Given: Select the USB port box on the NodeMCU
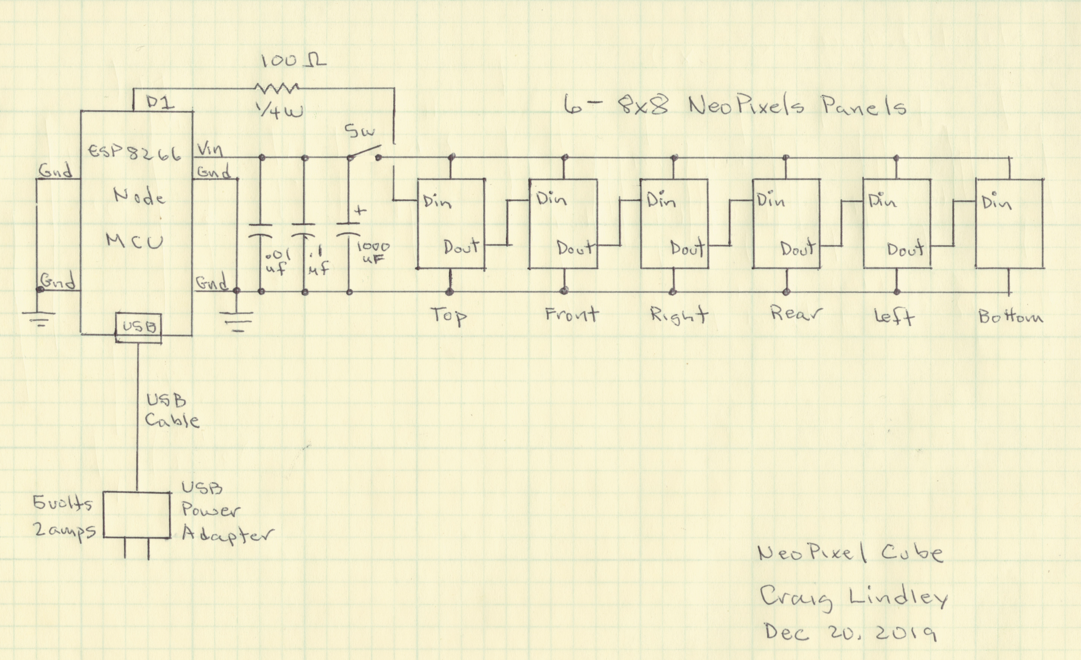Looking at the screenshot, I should pos(139,327).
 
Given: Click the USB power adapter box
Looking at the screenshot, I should pos(136,515).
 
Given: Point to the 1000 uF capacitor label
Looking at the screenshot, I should pos(373,252).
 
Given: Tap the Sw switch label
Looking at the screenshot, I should pos(360,131).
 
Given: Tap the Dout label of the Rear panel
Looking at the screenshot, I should pos(798,248).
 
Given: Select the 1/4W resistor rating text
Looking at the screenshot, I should pos(281,111).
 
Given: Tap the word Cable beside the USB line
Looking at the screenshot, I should pos(172,420).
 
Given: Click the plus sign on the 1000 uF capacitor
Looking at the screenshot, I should pos(360,211).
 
